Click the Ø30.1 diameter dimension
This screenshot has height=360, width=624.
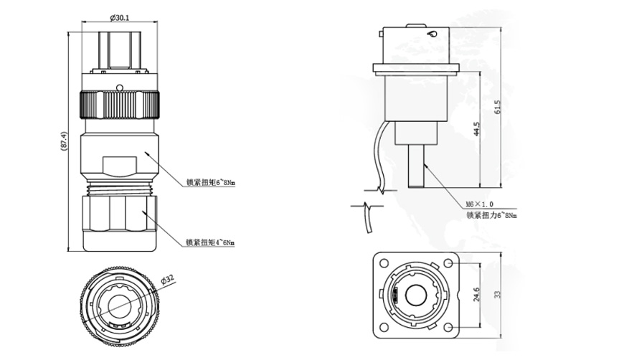pos(119,17)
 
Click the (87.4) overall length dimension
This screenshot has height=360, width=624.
pos(64,141)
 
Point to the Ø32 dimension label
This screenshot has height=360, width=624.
pos(168,280)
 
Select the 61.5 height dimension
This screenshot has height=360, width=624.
pos(497,108)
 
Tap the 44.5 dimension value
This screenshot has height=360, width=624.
pos(477,129)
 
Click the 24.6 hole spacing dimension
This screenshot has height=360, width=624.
pos(477,295)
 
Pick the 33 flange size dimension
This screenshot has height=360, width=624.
pos(497,294)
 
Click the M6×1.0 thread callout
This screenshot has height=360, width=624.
pos(480,204)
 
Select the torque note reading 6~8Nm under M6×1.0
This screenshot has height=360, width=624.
pos(492,215)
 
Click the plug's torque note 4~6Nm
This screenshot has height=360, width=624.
pos(210,242)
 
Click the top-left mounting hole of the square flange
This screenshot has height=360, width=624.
pos(384,263)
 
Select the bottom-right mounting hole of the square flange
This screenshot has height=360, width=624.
pos(448,327)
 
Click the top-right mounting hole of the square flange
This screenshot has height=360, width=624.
pos(448,263)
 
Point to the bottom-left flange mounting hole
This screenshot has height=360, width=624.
pos(384,327)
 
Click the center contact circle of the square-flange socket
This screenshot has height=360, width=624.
pos(416,295)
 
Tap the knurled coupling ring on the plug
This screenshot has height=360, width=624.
pos(120,105)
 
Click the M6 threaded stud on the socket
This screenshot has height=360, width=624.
pos(416,166)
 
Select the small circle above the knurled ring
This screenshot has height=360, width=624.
pos(119,87)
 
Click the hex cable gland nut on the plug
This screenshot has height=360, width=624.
pos(119,213)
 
